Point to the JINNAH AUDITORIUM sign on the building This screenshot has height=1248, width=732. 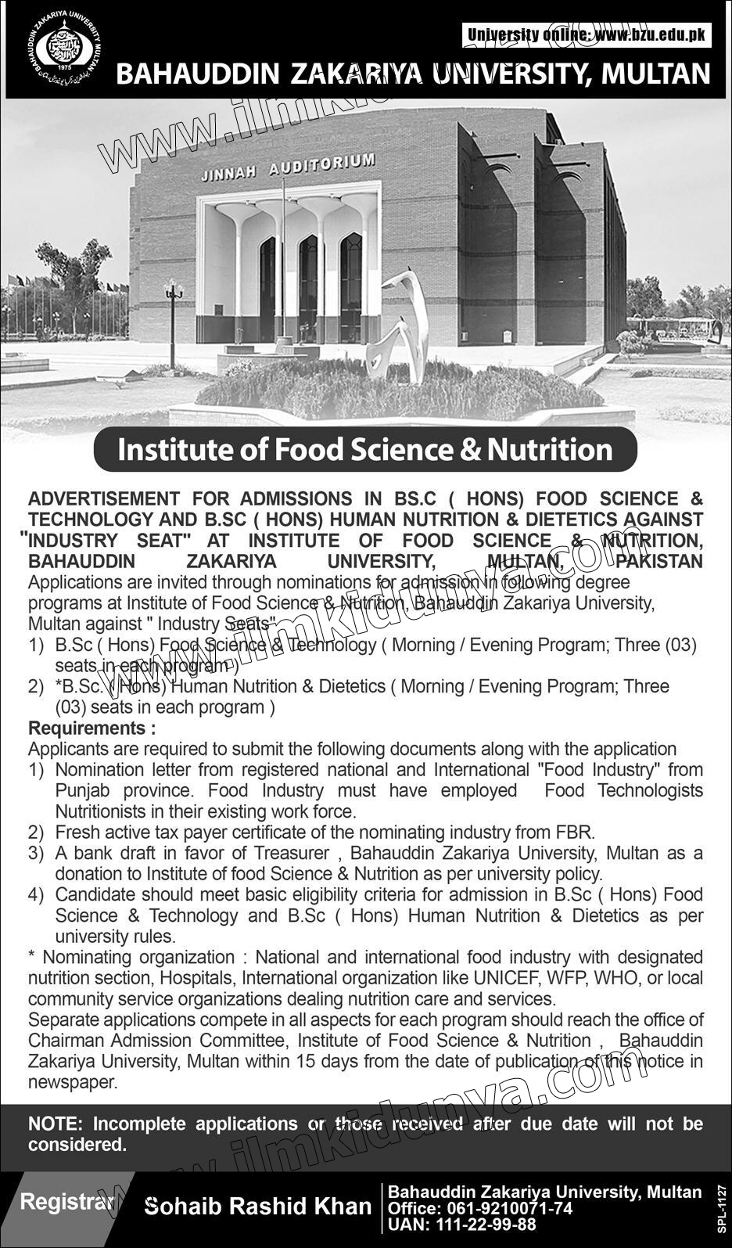click(x=288, y=167)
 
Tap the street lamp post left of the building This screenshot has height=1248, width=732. click(x=174, y=321)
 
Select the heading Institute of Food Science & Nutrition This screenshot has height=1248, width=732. click(x=364, y=449)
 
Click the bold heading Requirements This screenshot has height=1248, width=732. click(x=91, y=728)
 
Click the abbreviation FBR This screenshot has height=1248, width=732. click(x=577, y=832)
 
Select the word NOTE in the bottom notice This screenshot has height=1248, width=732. click(x=55, y=1124)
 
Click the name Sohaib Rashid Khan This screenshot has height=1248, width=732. click(x=259, y=1207)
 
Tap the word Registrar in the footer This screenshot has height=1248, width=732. click(x=65, y=1201)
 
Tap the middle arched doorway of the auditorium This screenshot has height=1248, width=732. click(x=308, y=282)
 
